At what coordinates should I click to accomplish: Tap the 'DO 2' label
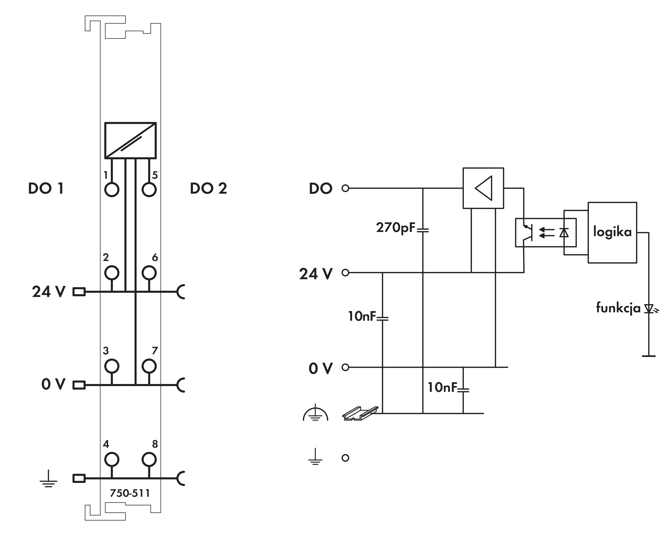[208, 188]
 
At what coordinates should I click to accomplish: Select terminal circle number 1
[112, 190]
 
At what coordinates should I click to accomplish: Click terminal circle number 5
[149, 190]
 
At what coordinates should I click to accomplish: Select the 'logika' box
[612, 232]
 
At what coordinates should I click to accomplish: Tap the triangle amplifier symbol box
[483, 188]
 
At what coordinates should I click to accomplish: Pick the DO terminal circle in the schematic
[345, 188]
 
